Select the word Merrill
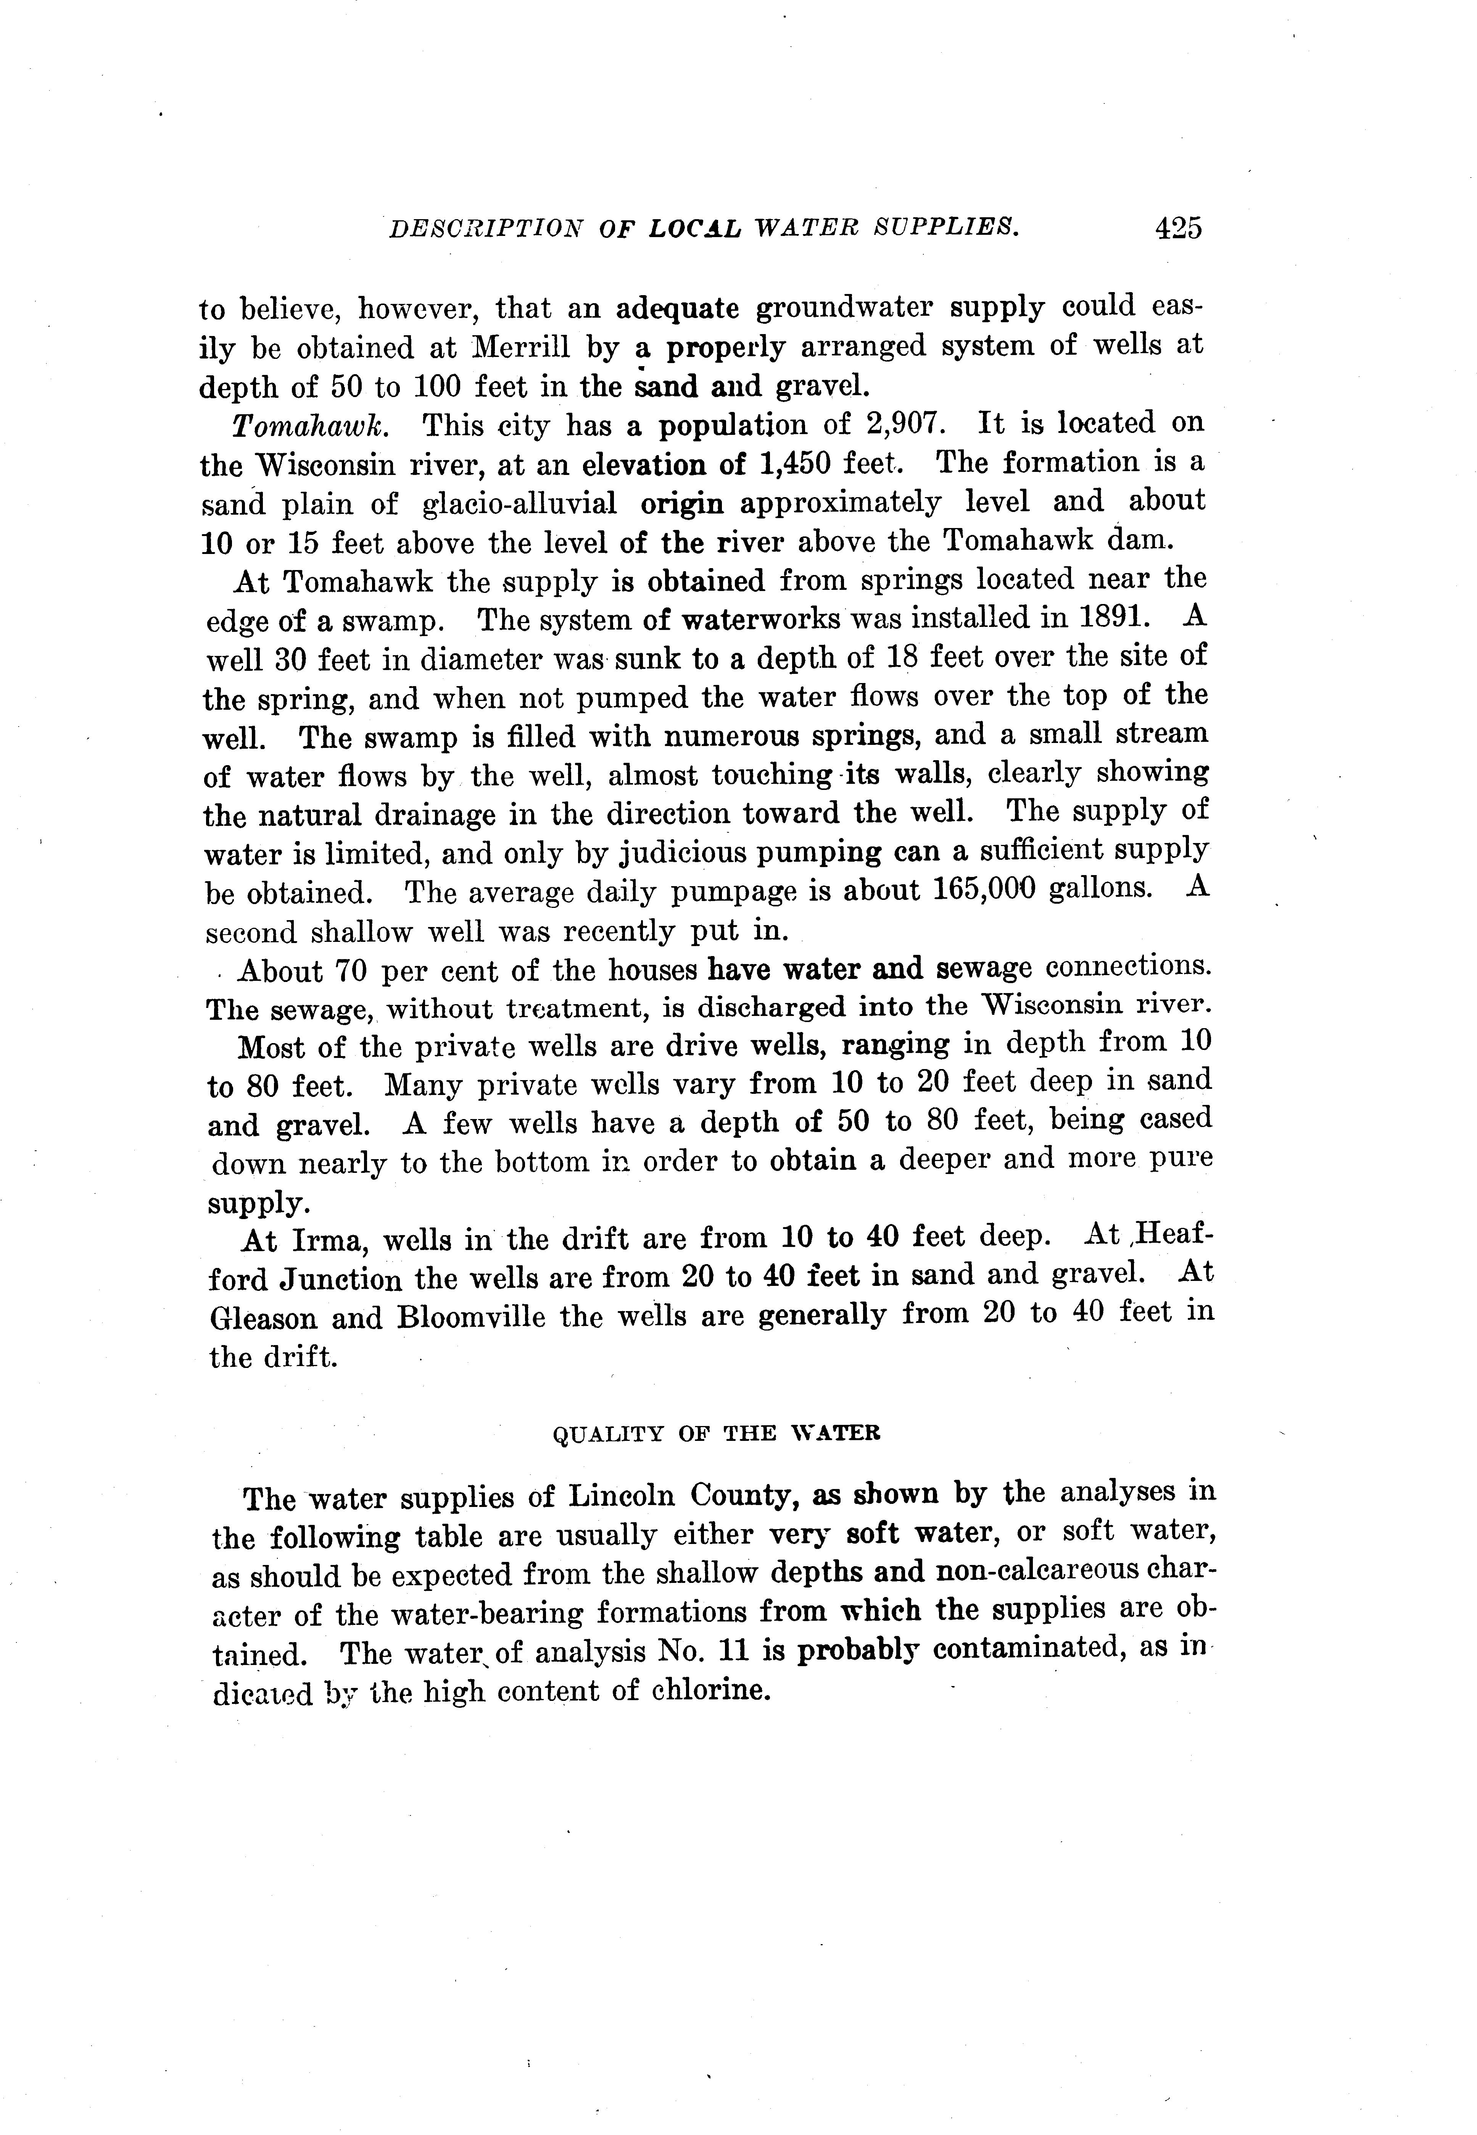(520, 347)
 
